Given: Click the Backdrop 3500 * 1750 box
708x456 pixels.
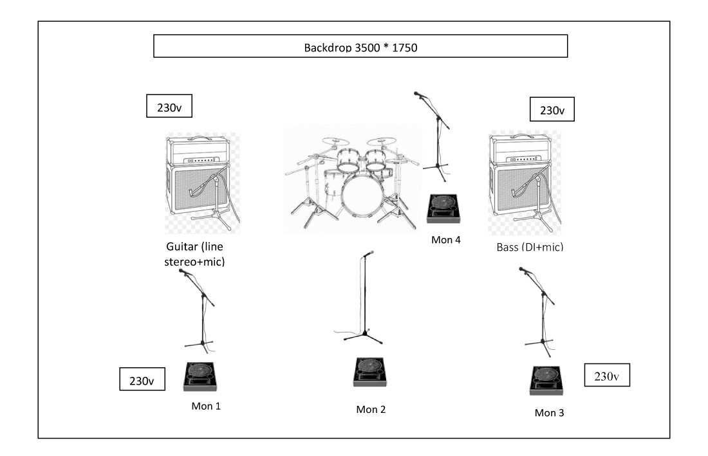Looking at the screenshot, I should pyautogui.click(x=360, y=46).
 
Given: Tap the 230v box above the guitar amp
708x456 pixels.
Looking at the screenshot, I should pyautogui.click(x=170, y=107).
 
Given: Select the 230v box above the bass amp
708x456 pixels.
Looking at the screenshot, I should pyautogui.click(x=552, y=110).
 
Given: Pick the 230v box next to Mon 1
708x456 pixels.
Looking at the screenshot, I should pyautogui.click(x=142, y=379).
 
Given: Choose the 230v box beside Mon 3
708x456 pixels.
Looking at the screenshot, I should pyautogui.click(x=606, y=376).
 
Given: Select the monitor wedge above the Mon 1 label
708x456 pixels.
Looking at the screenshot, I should pyautogui.click(x=201, y=377).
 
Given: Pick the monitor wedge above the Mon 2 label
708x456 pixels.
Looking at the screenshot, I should pyautogui.click(x=371, y=372).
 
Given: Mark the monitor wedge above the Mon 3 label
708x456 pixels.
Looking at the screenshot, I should pyautogui.click(x=546, y=381).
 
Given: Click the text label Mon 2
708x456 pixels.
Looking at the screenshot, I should pyautogui.click(x=371, y=409).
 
